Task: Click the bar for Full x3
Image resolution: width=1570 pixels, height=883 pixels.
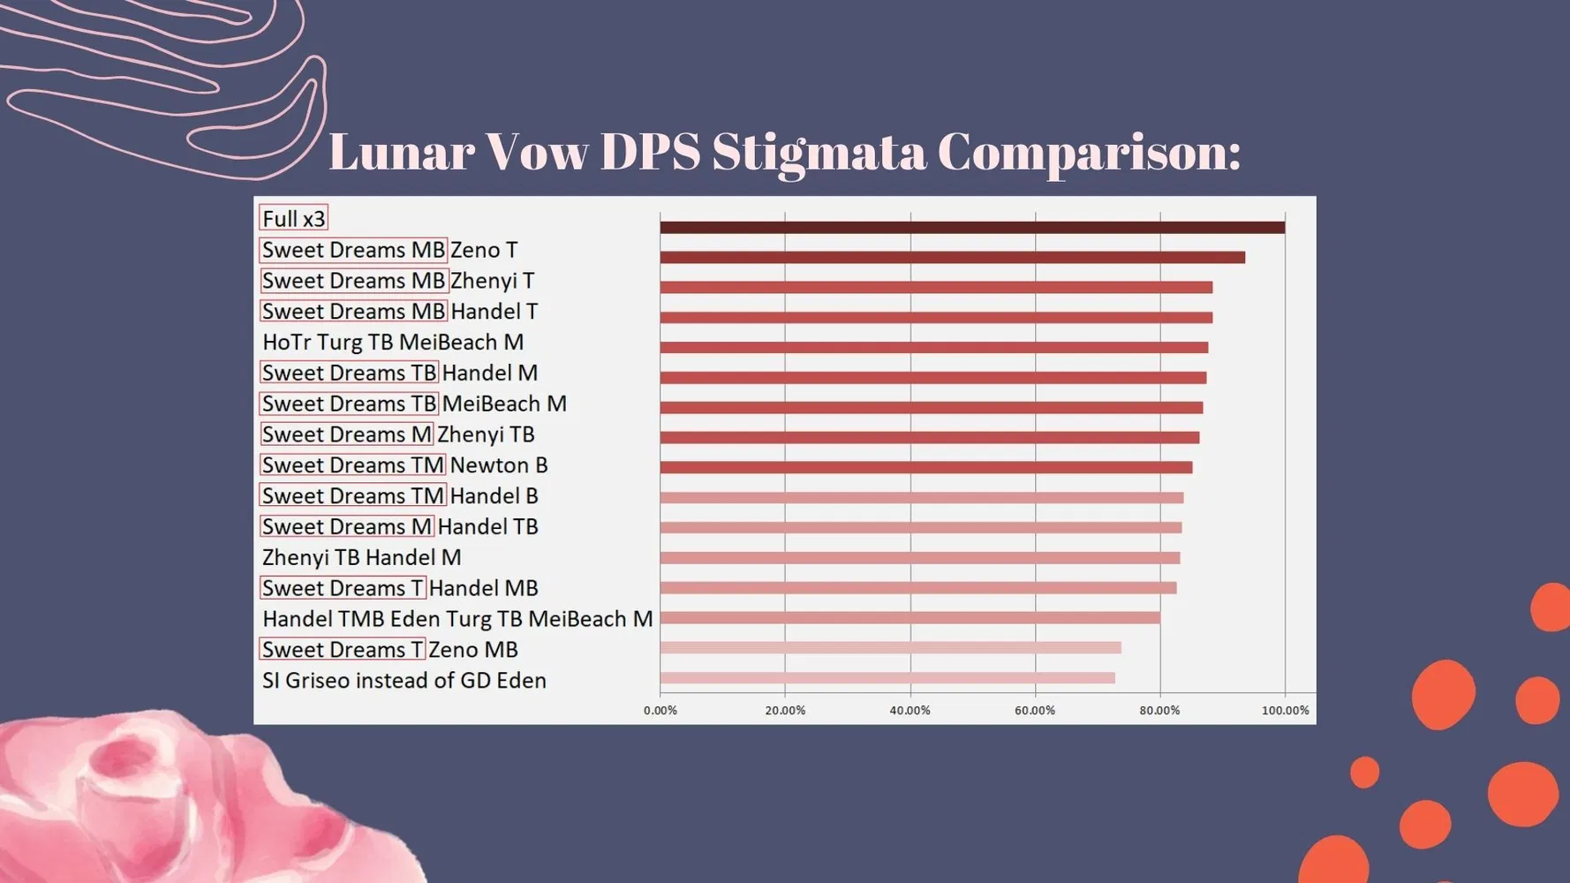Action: click(x=971, y=228)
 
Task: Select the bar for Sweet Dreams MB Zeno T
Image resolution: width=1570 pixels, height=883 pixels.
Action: click(x=952, y=258)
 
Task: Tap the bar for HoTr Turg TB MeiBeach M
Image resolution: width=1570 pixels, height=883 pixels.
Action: click(x=933, y=348)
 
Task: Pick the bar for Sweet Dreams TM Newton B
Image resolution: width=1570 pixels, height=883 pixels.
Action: click(x=925, y=468)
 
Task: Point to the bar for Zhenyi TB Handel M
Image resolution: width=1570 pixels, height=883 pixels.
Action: click(x=919, y=558)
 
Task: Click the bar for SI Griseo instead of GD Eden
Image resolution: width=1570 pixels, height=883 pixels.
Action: click(x=887, y=678)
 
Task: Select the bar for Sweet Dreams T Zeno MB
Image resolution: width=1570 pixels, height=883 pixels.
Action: click(x=890, y=648)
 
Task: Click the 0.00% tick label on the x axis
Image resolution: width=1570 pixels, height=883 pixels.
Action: click(x=660, y=711)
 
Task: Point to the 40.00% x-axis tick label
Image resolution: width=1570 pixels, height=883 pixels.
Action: click(x=910, y=711)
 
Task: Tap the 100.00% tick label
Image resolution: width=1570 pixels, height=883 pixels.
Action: click(x=1285, y=711)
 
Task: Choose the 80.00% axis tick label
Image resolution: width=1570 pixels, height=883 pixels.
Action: click(x=1159, y=711)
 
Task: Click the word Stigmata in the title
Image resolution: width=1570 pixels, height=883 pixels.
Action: click(x=819, y=152)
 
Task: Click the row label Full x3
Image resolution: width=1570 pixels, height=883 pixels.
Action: click(x=294, y=219)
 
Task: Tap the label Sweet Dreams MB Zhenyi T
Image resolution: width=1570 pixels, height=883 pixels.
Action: click(x=397, y=281)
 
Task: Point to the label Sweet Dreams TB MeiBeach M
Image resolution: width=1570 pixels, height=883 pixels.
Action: click(x=413, y=404)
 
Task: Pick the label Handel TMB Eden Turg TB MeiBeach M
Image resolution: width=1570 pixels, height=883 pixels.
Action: click(x=457, y=619)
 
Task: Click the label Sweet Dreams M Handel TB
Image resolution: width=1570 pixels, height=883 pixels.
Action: click(x=399, y=527)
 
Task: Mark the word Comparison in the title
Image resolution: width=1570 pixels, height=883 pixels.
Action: click(x=1089, y=152)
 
